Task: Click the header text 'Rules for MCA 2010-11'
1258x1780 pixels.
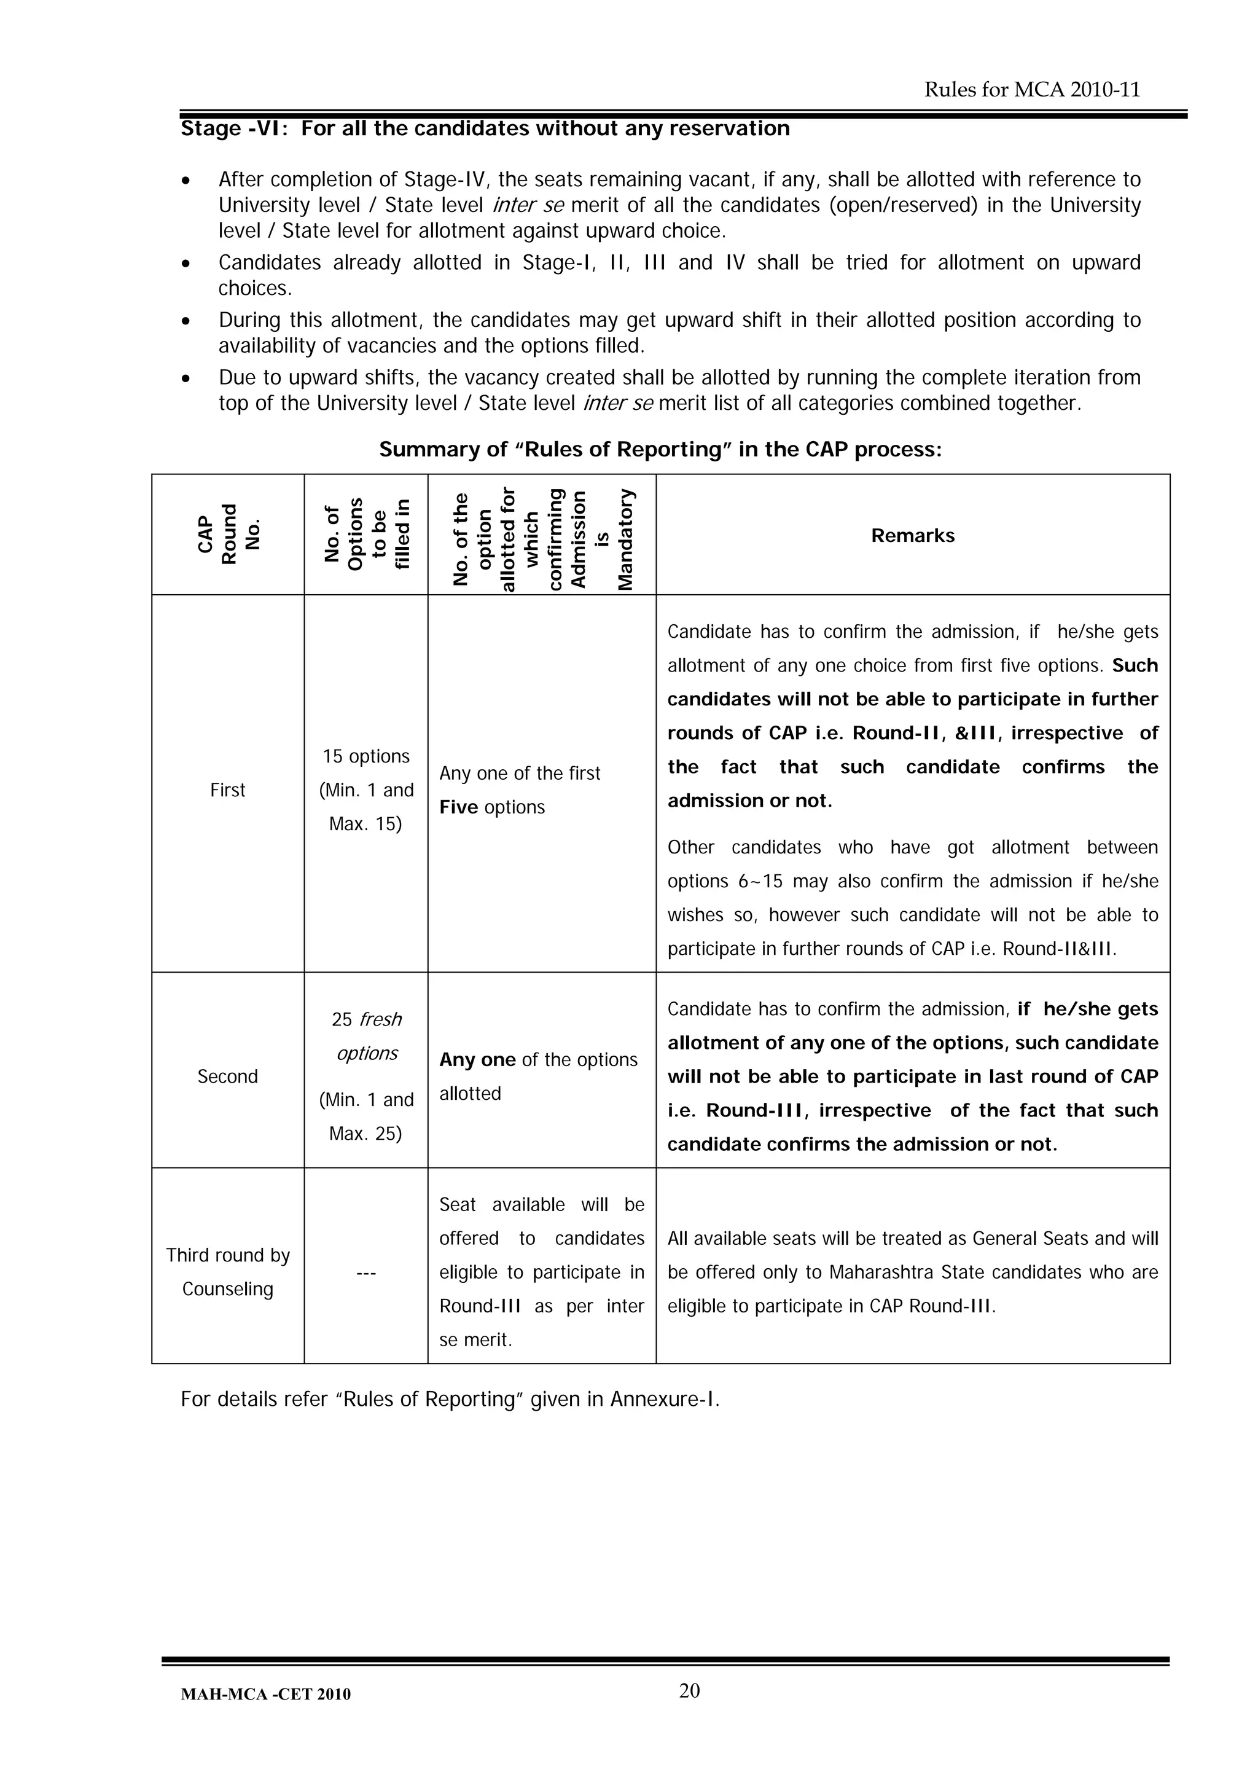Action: (x=1032, y=90)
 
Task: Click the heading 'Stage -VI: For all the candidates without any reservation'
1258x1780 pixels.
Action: (x=485, y=128)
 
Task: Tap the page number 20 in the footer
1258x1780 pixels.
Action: (x=689, y=1691)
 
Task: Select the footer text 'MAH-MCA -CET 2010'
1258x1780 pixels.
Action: (x=265, y=1695)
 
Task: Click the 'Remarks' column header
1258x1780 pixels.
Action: (x=912, y=536)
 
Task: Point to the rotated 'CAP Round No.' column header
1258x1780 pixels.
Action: (x=228, y=535)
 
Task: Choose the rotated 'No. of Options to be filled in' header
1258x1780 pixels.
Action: (x=366, y=535)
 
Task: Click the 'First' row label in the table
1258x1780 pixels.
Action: (x=227, y=790)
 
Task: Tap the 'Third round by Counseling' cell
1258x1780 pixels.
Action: (x=227, y=1272)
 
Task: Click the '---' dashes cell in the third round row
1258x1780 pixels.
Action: (x=366, y=1272)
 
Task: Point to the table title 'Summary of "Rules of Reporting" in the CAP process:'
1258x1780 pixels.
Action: (x=660, y=450)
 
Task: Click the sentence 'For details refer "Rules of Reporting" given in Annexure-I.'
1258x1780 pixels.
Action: (x=450, y=1399)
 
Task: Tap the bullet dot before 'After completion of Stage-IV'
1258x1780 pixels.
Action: (x=186, y=181)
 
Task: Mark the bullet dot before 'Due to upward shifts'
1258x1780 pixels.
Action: (x=186, y=379)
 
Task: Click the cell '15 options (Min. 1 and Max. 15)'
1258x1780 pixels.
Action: (x=366, y=790)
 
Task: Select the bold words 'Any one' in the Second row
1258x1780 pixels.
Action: (x=477, y=1060)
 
